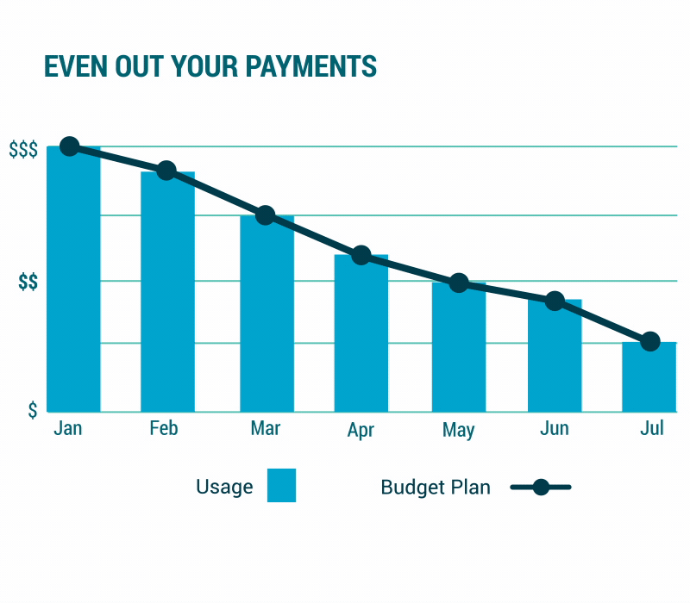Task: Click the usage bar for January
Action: [x=73, y=284]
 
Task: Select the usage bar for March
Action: [x=267, y=319]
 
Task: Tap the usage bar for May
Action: [x=459, y=349]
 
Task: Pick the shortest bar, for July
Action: [x=649, y=379]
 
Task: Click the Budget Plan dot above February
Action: [x=166, y=171]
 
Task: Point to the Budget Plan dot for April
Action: [x=361, y=255]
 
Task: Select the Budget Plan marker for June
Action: [x=555, y=301]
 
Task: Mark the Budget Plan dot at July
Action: [x=650, y=341]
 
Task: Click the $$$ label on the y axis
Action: [x=23, y=150]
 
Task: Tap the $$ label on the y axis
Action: [x=28, y=282]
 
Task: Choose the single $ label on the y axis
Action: [x=33, y=410]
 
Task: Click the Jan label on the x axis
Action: [x=67, y=428]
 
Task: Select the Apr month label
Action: [x=361, y=430]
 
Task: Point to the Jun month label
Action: [x=554, y=428]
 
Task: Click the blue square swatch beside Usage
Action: [x=281, y=485]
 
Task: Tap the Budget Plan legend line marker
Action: [x=541, y=488]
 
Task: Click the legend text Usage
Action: [x=224, y=487]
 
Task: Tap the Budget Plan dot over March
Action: [x=266, y=215]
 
